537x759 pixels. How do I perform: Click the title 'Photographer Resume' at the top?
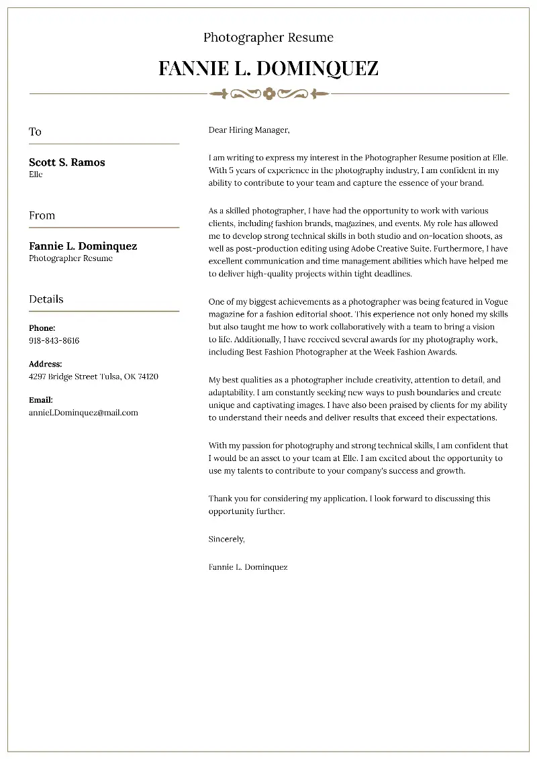[268, 38]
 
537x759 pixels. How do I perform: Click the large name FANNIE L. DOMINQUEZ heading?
[268, 68]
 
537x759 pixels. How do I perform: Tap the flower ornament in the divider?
[269, 93]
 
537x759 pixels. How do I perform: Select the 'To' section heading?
[35, 132]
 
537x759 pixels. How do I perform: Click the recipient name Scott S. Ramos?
[67, 162]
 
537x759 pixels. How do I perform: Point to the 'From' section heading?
[42, 215]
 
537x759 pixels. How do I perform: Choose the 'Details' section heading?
[46, 299]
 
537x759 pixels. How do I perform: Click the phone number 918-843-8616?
[54, 340]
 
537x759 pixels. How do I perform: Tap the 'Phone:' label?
[42, 328]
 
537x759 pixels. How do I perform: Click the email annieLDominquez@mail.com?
[83, 413]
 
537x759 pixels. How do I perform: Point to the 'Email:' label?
[41, 400]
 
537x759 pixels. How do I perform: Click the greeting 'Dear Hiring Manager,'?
[248, 130]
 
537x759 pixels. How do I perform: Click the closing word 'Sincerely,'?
[227, 539]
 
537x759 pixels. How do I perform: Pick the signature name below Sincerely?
[248, 567]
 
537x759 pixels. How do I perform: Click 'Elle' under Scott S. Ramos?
[36, 174]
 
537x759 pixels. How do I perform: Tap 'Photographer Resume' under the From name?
[70, 258]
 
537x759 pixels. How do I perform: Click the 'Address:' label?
[45, 364]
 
